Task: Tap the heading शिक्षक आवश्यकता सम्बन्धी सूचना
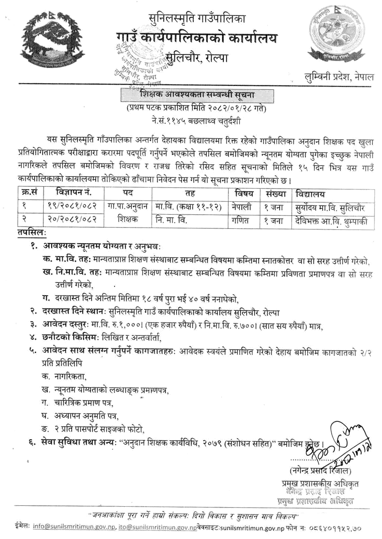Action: point(194,95)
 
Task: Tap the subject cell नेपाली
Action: point(242,207)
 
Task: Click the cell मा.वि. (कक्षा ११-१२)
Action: point(188,207)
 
